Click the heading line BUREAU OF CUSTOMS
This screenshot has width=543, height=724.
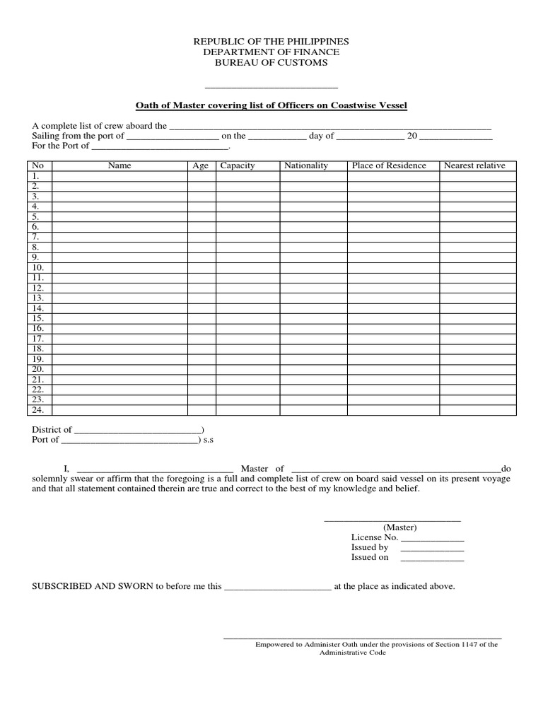[271, 63]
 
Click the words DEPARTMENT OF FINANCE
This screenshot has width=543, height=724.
[271, 52]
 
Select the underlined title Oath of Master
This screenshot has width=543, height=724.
[271, 105]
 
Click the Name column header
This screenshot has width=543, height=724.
[119, 165]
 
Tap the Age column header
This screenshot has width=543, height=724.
[201, 165]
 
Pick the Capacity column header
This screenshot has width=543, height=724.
[238, 165]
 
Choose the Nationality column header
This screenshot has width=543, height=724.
[306, 165]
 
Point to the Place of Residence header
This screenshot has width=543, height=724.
[389, 165]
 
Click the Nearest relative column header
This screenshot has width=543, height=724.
[474, 165]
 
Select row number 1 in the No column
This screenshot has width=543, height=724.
[35, 176]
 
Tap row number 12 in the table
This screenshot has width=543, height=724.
[38, 288]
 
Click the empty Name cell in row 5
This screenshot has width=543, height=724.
[119, 216]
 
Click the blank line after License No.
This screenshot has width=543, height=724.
[432, 538]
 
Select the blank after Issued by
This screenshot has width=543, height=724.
[432, 548]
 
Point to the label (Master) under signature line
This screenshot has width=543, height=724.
[400, 527]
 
